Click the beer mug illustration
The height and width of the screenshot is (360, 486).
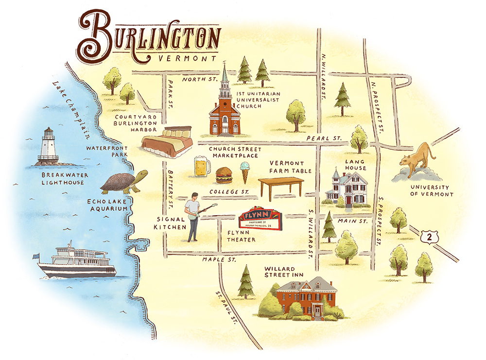coord(201,168)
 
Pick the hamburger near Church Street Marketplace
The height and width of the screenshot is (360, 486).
coord(224,174)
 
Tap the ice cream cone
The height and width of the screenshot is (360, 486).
coord(245,171)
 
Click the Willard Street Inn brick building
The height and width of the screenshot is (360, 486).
coord(304,297)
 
